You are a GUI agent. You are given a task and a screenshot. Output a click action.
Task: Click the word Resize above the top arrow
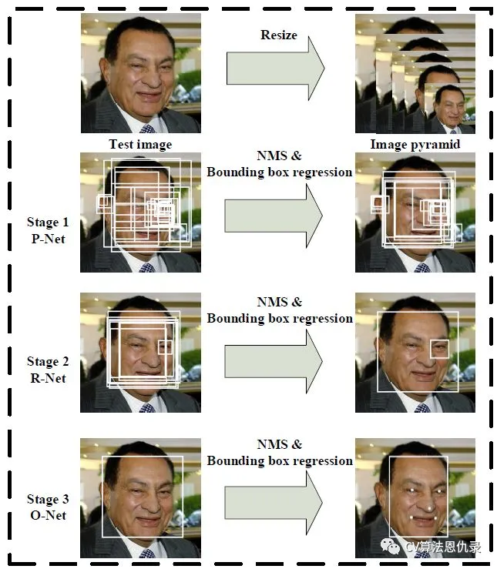(278, 35)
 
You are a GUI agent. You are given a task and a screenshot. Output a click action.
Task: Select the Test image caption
(140, 144)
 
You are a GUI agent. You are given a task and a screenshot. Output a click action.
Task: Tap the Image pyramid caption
(415, 144)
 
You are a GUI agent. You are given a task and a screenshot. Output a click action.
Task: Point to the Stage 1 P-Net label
(48, 230)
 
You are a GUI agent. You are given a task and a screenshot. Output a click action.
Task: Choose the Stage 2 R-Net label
(48, 370)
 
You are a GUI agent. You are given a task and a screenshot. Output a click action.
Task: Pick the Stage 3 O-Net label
(48, 507)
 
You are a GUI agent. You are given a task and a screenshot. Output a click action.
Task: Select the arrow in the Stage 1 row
(274, 216)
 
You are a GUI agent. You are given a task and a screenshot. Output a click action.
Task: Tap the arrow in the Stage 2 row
(274, 360)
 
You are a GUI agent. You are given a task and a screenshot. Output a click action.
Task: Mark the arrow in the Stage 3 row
(274, 503)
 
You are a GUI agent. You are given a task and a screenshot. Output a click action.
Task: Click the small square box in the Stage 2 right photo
(439, 349)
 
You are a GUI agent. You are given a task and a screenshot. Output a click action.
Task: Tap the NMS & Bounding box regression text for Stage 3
(280, 453)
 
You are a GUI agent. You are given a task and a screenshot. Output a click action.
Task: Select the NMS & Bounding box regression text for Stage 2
(280, 310)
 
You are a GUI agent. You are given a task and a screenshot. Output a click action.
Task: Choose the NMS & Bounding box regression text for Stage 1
(280, 164)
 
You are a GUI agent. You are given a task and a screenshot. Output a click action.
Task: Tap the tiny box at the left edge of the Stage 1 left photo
(104, 203)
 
